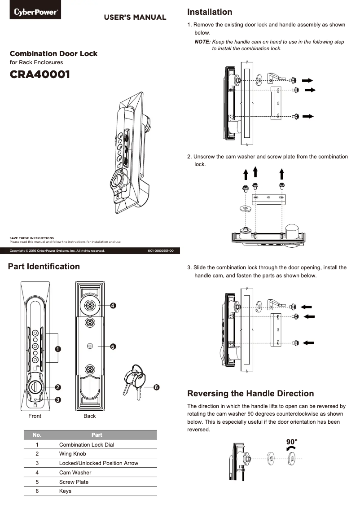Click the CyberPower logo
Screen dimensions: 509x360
pyautogui.click(x=35, y=12)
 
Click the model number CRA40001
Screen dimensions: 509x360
pyautogui.click(x=40, y=75)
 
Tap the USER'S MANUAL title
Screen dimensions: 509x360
pyautogui.click(x=135, y=18)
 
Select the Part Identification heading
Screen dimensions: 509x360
pyautogui.click(x=44, y=267)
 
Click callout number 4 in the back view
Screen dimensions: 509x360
pyautogui.click(x=113, y=306)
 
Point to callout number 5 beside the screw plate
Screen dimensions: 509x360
pyautogui.click(x=113, y=347)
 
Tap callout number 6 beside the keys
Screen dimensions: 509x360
pyautogui.click(x=156, y=386)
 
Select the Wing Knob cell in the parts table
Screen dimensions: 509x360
pyautogui.click(x=72, y=454)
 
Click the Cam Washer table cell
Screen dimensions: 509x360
pyautogui.click(x=75, y=473)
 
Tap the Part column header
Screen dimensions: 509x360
pyautogui.click(x=97, y=435)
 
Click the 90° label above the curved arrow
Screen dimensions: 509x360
pyautogui.click(x=292, y=441)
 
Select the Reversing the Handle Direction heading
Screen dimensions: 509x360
pyautogui.click(x=250, y=394)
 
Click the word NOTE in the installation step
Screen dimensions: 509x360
pyautogui.click(x=202, y=42)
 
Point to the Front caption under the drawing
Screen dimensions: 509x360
pyautogui.click(x=35, y=416)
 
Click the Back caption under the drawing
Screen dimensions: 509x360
pyautogui.click(x=90, y=416)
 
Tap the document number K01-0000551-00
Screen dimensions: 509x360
pyautogui.click(x=161, y=250)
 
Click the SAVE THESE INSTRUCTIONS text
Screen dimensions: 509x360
pyautogui.click(x=32, y=238)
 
